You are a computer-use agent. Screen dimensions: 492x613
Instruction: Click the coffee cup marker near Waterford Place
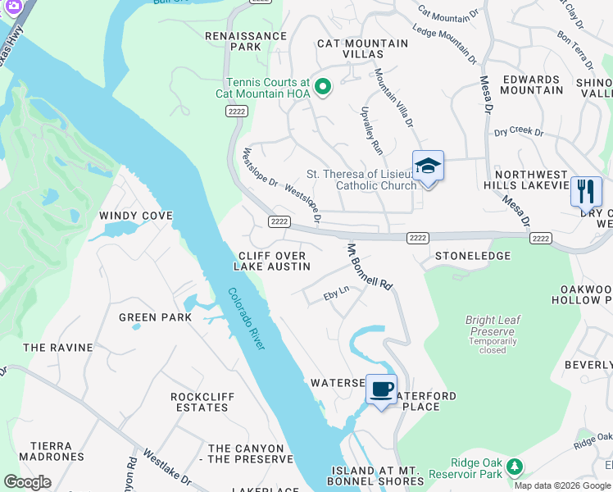pos(381,389)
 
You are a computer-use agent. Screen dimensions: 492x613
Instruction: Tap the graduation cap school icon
pos(428,166)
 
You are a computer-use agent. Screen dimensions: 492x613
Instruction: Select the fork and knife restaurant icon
pos(586,192)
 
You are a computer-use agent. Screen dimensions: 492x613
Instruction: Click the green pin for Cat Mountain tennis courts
pos(323,87)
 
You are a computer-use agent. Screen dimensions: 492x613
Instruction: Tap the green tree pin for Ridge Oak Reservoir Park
pos(514,467)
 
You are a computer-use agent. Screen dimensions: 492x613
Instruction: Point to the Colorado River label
pos(247,319)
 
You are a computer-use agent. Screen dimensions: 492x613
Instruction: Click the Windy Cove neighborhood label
pos(136,216)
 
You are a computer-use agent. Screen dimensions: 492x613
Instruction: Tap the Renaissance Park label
pos(234,41)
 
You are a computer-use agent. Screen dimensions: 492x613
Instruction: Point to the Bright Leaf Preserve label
pos(493,326)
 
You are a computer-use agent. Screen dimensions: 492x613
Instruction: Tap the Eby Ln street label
pos(336,290)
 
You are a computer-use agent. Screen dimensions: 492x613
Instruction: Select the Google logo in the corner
pos(27,482)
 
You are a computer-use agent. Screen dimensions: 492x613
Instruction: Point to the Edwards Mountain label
pos(532,84)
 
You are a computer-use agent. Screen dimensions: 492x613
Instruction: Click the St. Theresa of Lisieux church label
pos(361,180)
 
